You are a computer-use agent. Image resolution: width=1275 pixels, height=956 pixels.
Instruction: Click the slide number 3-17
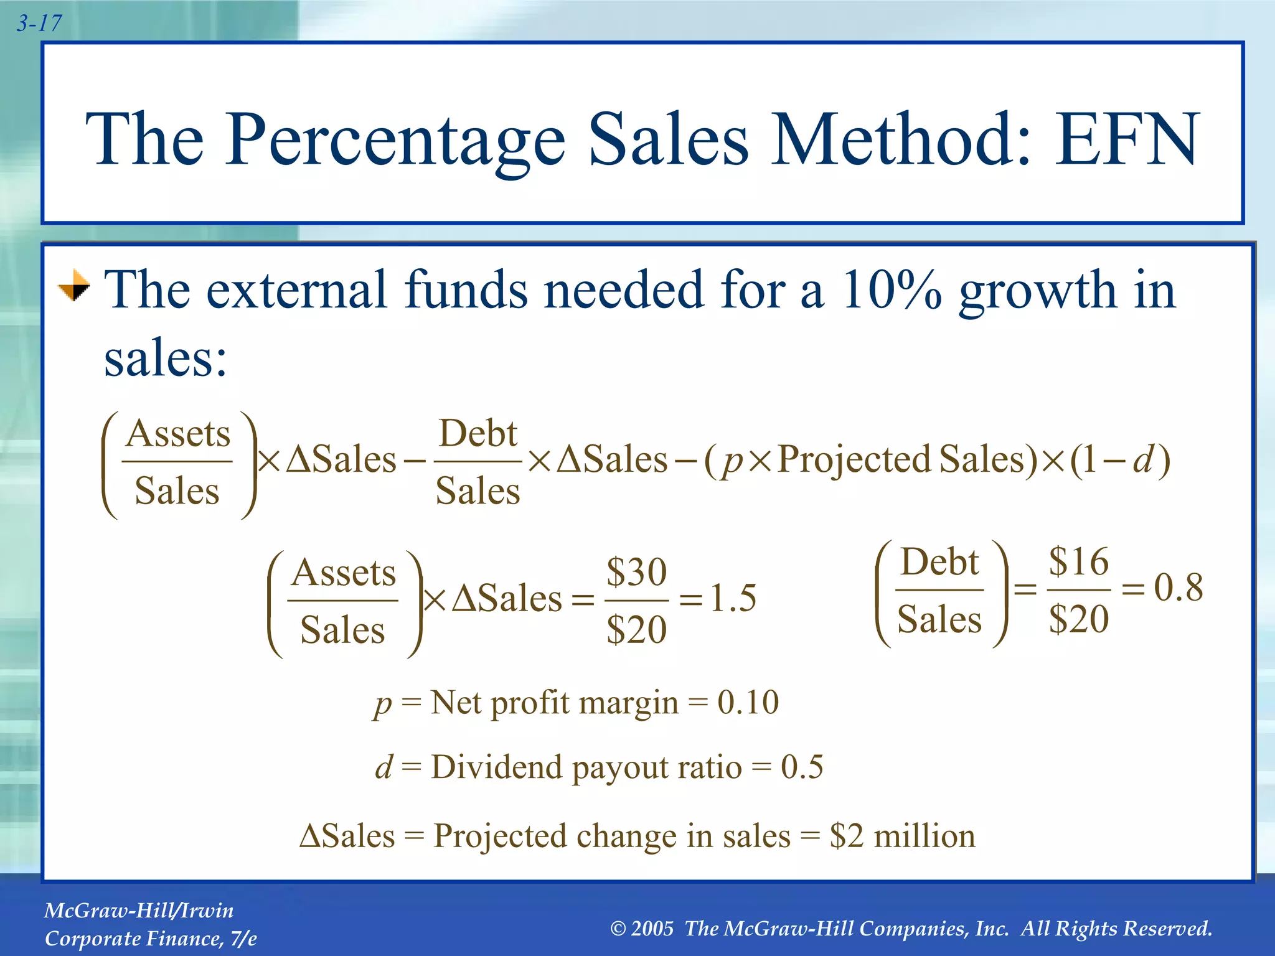(39, 24)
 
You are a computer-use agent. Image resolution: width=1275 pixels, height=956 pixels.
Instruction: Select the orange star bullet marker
(74, 286)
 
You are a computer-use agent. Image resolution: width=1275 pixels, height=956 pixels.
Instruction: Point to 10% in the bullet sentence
(892, 290)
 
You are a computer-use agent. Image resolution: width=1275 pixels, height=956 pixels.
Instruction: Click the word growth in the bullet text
(1037, 291)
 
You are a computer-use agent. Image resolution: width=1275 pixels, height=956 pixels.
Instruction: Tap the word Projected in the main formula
(854, 460)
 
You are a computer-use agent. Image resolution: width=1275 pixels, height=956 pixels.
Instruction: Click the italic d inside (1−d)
(1143, 460)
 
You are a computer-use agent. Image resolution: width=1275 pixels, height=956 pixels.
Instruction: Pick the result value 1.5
(733, 598)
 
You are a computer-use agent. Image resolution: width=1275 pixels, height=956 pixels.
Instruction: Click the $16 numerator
(1078, 561)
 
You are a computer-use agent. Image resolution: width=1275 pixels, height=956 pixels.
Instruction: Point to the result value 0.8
(1178, 587)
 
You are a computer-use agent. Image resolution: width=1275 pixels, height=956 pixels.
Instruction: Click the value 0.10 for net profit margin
(748, 702)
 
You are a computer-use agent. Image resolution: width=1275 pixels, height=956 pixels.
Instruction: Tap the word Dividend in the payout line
(496, 767)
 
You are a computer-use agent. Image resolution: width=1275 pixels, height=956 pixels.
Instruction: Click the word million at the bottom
(924, 836)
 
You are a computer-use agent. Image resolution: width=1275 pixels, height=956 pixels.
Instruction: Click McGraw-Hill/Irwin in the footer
(139, 911)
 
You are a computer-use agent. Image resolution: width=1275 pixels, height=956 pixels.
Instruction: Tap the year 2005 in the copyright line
(652, 929)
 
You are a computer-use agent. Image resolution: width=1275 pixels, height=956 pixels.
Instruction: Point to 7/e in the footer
(243, 939)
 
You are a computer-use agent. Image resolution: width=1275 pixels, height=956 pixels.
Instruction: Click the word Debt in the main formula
(478, 433)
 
